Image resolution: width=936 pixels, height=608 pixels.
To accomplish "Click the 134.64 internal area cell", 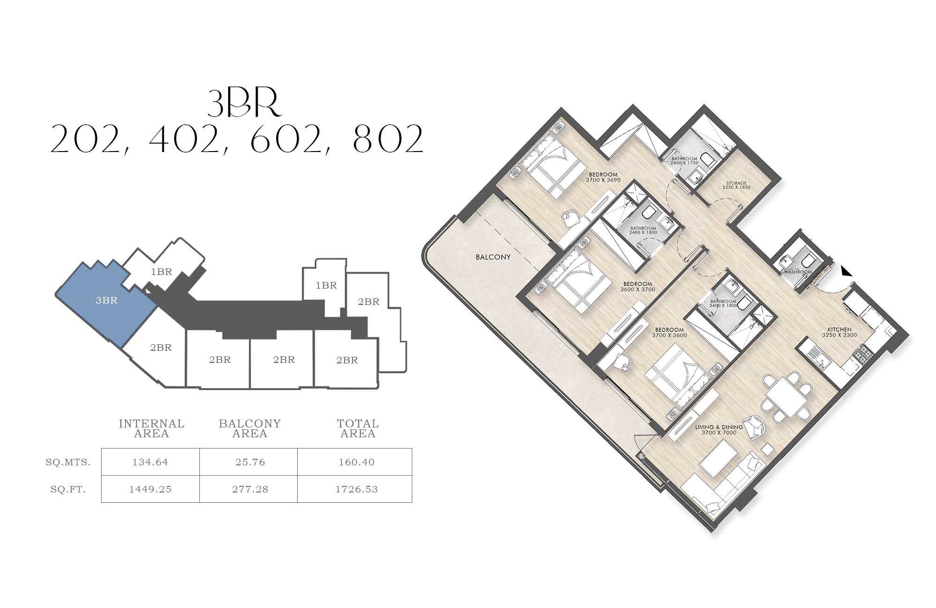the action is coord(150,462).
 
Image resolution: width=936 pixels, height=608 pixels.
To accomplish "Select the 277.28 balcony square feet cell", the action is coord(250,489).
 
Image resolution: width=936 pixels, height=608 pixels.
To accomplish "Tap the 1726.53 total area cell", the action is coord(356,489).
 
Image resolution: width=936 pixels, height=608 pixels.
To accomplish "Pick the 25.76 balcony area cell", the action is coord(250,462).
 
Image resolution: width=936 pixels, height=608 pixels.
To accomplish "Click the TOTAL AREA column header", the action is coord(358,428).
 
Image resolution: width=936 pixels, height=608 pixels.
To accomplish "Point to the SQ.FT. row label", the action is coord(68,490).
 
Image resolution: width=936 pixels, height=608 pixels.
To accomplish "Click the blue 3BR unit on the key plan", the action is coord(106,304).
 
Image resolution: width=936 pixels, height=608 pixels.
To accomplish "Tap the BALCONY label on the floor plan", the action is coord(493,257).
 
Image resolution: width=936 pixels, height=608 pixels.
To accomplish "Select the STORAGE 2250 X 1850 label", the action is coord(736,185).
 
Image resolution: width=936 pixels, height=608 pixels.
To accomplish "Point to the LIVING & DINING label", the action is coord(719,427).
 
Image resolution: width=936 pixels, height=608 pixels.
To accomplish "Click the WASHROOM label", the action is coord(798,272).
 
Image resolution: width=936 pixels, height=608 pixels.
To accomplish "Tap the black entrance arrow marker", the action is coord(846,271).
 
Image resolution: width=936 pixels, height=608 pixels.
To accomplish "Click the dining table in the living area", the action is coord(786,396).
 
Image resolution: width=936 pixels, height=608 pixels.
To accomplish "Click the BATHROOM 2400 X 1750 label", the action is coord(684,161).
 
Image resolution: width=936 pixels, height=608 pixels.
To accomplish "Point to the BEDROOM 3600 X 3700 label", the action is coord(637,287).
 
